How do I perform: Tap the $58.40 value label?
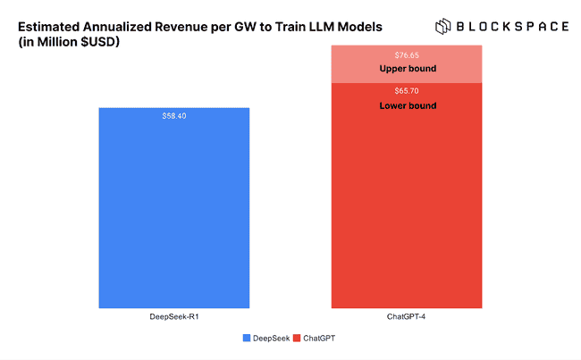(173, 116)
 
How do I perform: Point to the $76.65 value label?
(407, 55)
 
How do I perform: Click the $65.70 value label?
(407, 91)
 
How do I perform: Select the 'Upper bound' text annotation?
(407, 68)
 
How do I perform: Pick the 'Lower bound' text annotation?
(407, 105)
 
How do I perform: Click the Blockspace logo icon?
(445, 26)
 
